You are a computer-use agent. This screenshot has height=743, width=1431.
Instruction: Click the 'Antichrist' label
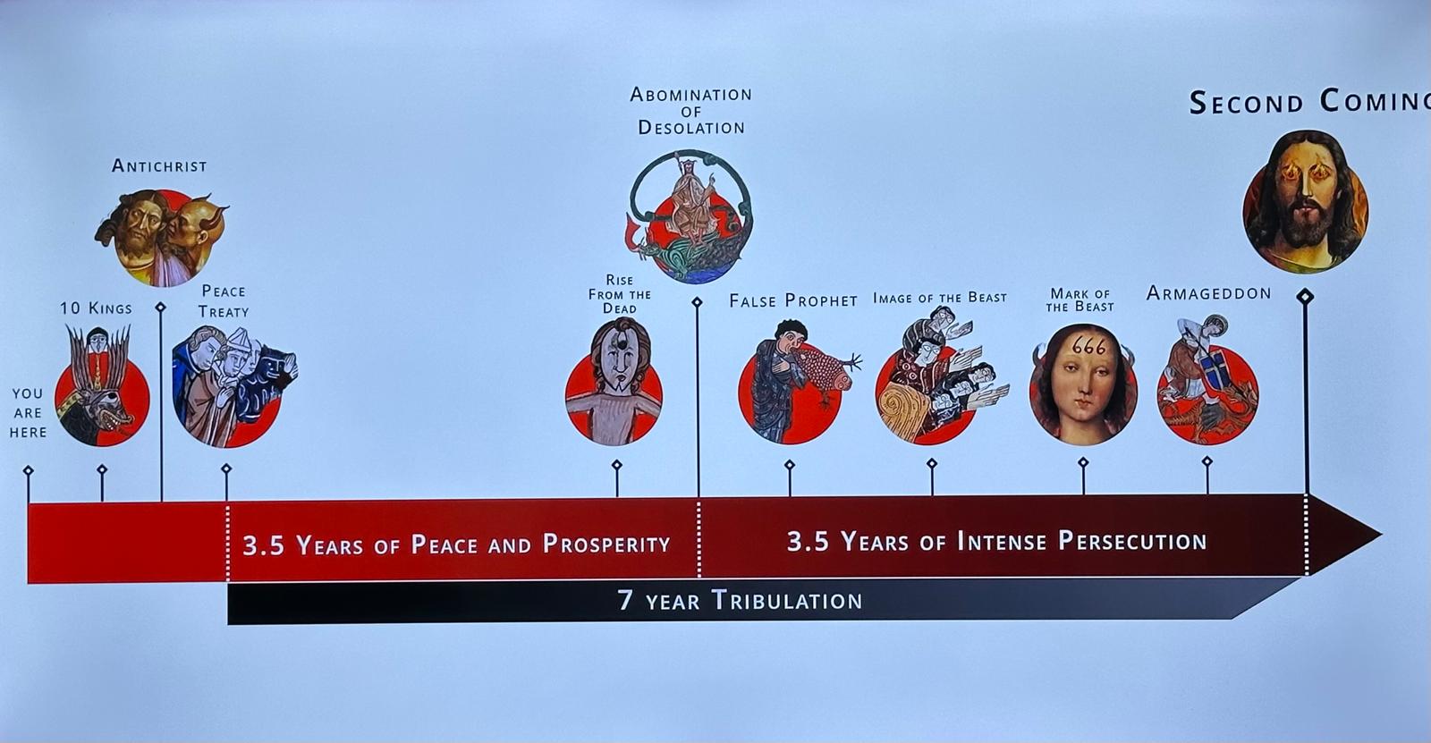(x=159, y=166)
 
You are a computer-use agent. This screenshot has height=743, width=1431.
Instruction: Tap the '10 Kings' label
(x=96, y=308)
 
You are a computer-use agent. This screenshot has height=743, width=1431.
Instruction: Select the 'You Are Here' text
(x=28, y=413)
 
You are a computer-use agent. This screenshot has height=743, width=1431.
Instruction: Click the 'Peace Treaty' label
(x=224, y=301)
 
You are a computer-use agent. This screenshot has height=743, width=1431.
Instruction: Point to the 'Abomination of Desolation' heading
(x=691, y=111)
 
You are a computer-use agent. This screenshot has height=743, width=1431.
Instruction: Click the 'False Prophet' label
(x=793, y=300)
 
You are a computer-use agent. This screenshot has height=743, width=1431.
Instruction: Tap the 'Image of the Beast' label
(x=940, y=298)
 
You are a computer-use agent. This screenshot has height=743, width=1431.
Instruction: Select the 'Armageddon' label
(x=1208, y=293)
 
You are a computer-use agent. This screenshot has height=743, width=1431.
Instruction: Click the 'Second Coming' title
(x=1309, y=102)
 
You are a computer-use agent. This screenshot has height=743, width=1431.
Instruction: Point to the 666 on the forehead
(x=1088, y=346)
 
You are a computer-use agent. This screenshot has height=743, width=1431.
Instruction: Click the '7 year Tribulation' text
(x=740, y=601)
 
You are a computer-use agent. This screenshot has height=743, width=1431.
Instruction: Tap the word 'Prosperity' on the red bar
(x=606, y=544)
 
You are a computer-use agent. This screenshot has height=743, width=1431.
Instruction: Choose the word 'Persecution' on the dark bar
(x=1132, y=541)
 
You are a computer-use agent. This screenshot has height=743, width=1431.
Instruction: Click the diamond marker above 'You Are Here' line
(x=28, y=471)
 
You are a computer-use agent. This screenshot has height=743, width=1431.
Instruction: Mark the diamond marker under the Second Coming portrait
(x=1305, y=297)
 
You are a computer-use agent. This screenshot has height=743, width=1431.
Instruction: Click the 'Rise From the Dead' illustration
(x=614, y=382)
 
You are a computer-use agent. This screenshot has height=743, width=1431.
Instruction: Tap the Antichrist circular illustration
(x=162, y=238)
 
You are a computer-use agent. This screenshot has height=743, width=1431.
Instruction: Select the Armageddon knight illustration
(x=1207, y=380)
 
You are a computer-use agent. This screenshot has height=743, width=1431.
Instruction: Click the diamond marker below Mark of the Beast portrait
(x=1083, y=461)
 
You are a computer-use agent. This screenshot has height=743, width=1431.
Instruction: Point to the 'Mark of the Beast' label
(x=1080, y=300)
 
